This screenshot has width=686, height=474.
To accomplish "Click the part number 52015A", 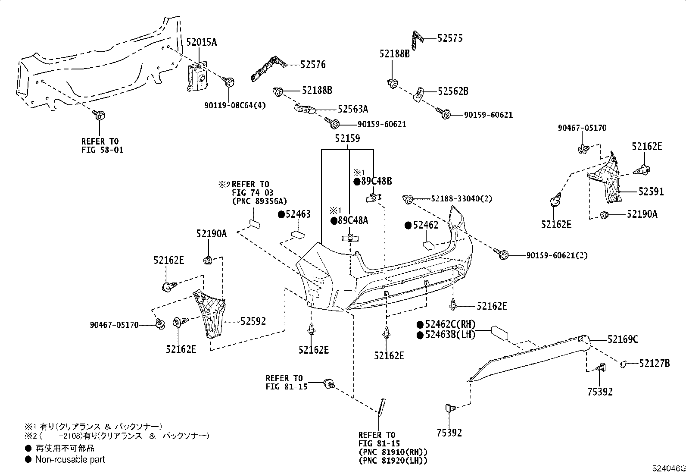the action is coord(202,42).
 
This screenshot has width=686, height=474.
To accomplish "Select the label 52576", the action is coord(313,65).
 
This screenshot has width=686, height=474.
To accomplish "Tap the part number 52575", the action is coord(450,38).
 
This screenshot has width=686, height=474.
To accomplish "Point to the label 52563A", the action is coord(353,109).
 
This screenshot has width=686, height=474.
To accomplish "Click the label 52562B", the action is coord(453,91).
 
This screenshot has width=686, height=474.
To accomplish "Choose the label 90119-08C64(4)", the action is coord(235,106).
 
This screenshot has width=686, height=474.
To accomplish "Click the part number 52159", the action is coord(347,138).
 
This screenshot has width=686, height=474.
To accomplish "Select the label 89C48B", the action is coord(376,181).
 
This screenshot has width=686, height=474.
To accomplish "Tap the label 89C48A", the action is coord(353,220).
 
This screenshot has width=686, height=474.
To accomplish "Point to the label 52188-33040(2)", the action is coord(461,199).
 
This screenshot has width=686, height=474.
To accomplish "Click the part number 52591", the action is coord(651,192).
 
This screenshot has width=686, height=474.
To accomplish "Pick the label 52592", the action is coord(253,321).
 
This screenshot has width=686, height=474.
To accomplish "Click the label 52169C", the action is coord(623,339).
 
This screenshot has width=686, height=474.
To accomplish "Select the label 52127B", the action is coord(655,364).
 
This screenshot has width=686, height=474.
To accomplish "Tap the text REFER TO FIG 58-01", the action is coord(102,146).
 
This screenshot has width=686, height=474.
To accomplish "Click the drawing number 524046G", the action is coord(668,469).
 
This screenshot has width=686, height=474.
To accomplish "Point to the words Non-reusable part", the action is coord(70,459).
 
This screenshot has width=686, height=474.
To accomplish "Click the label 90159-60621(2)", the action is coord(557,256).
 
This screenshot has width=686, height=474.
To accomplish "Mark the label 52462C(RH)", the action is coord(450,324).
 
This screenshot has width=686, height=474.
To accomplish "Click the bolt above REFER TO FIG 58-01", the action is coord(99,116).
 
